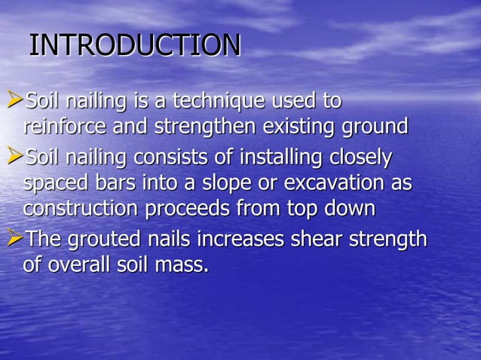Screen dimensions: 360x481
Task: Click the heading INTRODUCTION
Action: [x=135, y=45]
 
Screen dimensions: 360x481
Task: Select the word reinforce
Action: [x=66, y=126]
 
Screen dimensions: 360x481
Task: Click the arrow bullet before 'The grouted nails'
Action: [x=14, y=239]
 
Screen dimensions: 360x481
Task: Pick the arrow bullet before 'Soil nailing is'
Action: [x=14, y=99]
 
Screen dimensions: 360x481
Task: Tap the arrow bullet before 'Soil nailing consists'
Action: [x=14, y=157]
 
